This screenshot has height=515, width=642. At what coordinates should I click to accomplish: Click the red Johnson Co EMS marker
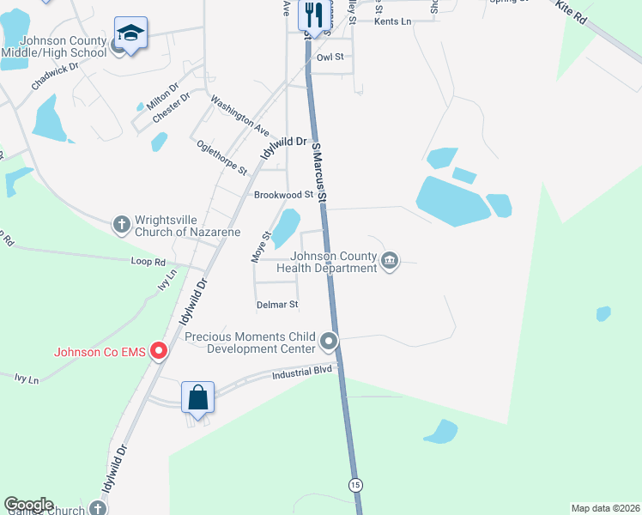(x=158, y=351)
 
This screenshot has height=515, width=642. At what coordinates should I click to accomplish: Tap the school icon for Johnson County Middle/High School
(x=130, y=34)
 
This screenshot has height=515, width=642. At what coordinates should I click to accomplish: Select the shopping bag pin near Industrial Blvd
(x=197, y=397)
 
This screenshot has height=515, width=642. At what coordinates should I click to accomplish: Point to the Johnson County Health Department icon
(x=390, y=260)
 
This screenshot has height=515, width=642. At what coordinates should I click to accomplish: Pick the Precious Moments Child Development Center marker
(x=329, y=342)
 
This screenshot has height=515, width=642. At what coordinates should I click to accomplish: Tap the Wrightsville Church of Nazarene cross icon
(x=121, y=225)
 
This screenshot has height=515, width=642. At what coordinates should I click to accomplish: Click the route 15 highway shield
(x=355, y=485)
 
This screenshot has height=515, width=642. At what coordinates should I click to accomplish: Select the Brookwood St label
(x=283, y=195)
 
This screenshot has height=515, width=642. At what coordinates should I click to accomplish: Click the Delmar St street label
(x=277, y=305)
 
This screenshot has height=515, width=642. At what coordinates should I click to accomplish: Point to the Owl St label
(x=330, y=58)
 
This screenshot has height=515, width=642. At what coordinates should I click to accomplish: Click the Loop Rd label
(x=148, y=260)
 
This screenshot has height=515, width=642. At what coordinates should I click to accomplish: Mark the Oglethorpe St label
(x=221, y=157)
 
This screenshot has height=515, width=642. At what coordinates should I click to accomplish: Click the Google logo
(x=28, y=505)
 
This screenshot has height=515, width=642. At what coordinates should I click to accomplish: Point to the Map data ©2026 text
(x=605, y=508)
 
